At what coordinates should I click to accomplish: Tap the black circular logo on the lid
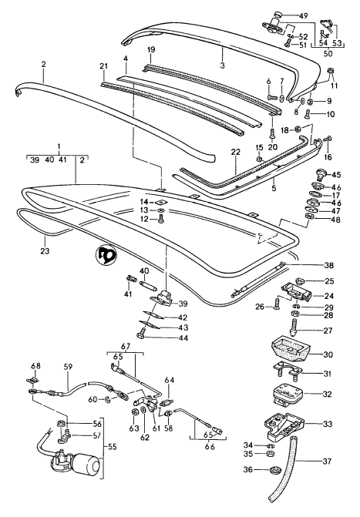(106, 254)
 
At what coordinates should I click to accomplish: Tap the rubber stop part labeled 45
(315, 176)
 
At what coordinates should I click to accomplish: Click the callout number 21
(103, 67)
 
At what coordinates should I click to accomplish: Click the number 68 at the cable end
(35, 365)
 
